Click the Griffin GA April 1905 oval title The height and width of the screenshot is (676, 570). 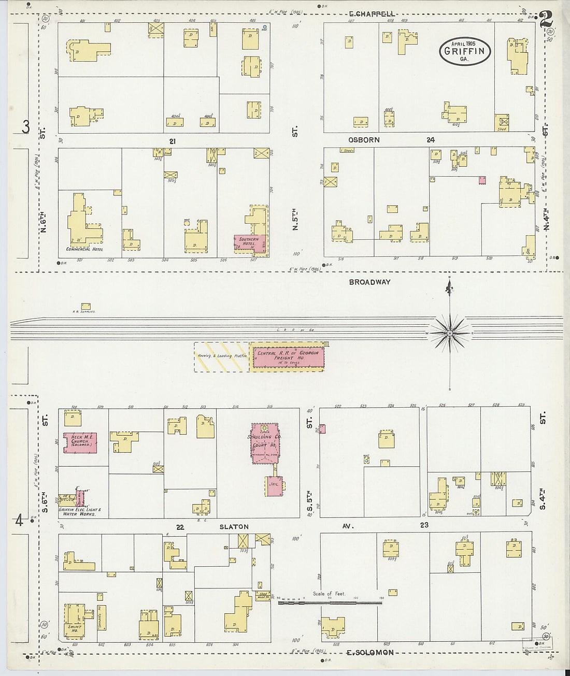(465, 51)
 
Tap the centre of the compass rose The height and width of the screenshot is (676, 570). (450, 332)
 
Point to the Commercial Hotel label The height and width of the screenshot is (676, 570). (84, 249)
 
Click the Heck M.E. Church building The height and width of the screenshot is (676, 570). (80, 443)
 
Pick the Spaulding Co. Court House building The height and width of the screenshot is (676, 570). (265, 443)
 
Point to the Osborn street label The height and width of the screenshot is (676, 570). (364, 140)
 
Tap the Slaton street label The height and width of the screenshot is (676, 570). (234, 527)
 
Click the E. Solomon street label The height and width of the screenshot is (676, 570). (370, 653)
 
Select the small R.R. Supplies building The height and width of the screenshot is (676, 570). (85, 306)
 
